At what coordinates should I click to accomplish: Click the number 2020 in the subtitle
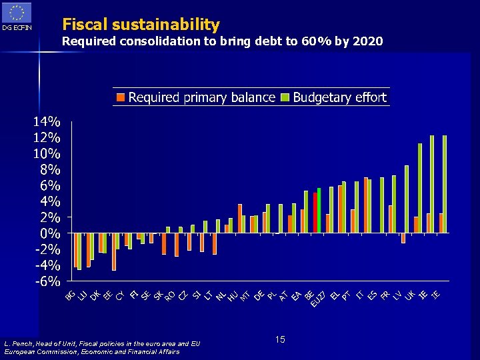pyautogui.click(x=368, y=41)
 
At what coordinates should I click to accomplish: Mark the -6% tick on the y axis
pyautogui.click(x=45, y=281)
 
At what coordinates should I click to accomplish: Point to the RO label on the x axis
pyautogui.click(x=170, y=294)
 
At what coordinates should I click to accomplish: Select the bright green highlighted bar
pyautogui.click(x=319, y=210)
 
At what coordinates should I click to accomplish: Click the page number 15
pyautogui.click(x=280, y=340)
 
